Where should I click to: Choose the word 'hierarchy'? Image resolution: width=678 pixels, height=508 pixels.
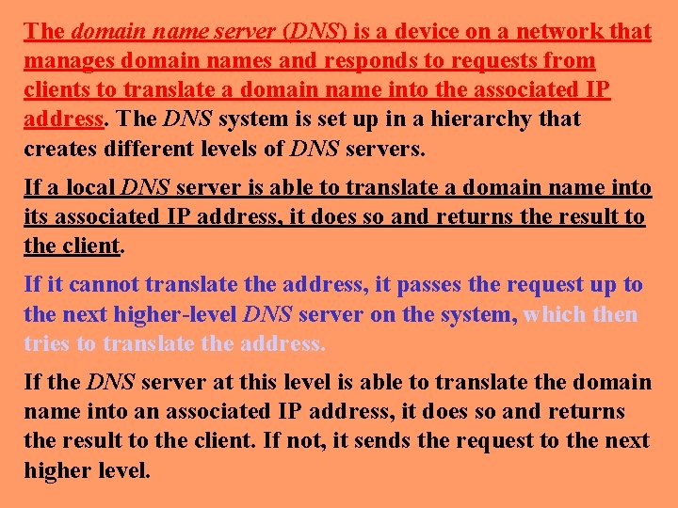pos(476,119)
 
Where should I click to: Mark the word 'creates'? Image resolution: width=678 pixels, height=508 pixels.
pos(58,149)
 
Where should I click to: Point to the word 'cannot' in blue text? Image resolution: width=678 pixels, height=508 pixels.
pos(92,284)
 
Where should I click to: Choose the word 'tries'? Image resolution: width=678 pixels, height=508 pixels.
pos(47,343)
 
